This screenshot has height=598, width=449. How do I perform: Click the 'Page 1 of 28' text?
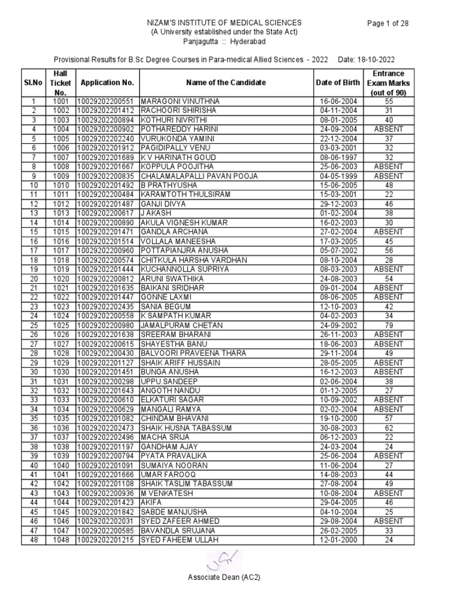387,23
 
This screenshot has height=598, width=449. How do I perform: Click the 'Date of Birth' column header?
339,82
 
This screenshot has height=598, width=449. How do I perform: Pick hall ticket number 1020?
60,279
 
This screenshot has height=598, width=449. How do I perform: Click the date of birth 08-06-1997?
339,157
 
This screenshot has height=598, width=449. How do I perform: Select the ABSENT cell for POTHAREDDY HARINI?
388,129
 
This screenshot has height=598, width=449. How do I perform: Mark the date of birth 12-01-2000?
339,540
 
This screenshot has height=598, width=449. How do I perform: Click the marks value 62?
388,428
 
